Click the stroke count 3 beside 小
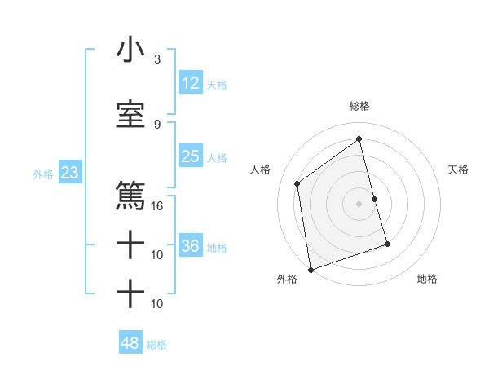tap(156, 59)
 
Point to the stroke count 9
tap(156, 125)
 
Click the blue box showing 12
tap(191, 83)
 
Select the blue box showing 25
tap(191, 156)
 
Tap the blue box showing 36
tap(192, 246)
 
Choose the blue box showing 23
tap(69, 173)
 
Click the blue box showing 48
tap(130, 343)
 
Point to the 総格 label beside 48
tap(156, 345)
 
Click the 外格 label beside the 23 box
tap(43, 174)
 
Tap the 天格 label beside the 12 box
tap(217, 84)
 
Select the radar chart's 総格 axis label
tap(359, 106)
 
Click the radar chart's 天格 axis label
tap(459, 169)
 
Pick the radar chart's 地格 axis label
tap(428, 279)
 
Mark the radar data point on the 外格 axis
tap(311, 270)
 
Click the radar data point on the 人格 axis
tap(297, 183)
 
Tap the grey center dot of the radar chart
tap(359, 203)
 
